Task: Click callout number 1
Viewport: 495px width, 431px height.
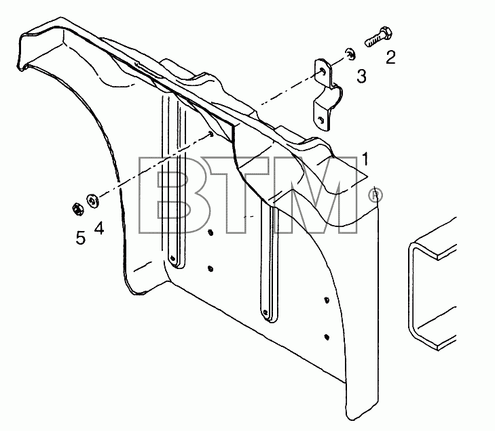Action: pyautogui.click(x=365, y=159)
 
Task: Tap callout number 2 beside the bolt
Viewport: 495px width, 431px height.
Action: pyautogui.click(x=390, y=58)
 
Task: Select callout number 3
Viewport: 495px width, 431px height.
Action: pyautogui.click(x=361, y=77)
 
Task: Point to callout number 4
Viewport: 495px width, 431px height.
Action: pyautogui.click(x=99, y=228)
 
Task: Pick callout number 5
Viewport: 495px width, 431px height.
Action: pyautogui.click(x=81, y=238)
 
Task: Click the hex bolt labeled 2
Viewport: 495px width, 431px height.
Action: pyautogui.click(x=379, y=37)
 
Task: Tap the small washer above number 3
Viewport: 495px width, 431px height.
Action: pyautogui.click(x=350, y=54)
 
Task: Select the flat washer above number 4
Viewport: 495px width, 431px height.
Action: pyautogui.click(x=92, y=201)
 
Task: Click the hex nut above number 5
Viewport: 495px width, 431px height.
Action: pyautogui.click(x=77, y=209)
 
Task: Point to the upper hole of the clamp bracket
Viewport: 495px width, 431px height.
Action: pyautogui.click(x=322, y=71)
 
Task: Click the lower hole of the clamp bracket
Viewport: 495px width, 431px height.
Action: pyautogui.click(x=320, y=119)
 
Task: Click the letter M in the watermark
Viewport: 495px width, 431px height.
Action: pyautogui.click(x=315, y=195)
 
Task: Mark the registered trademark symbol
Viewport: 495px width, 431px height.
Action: pyautogui.click(x=375, y=195)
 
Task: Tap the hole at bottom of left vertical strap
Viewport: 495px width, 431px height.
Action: pyautogui.click(x=172, y=258)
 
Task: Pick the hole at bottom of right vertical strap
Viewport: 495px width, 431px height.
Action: pyautogui.click(x=265, y=312)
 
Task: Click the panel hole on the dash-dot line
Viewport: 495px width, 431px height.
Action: pyautogui.click(x=210, y=134)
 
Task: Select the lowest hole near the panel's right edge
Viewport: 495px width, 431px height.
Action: pyautogui.click(x=327, y=337)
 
